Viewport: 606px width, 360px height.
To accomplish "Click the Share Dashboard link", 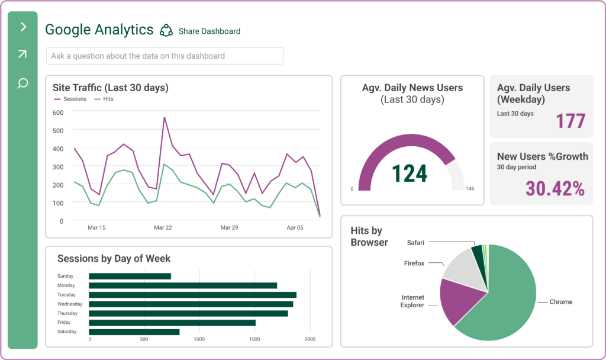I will (209, 31).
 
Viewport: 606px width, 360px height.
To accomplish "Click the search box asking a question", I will (165, 56).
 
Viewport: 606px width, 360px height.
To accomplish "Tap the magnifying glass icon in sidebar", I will (22, 83).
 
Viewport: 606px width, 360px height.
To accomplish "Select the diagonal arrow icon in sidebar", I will (22, 54).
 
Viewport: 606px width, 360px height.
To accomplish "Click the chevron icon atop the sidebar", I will (23, 27).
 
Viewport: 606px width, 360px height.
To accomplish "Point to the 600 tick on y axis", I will (58, 112).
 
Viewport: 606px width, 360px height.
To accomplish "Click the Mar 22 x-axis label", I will (163, 227).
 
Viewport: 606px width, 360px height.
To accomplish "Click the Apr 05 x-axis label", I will (295, 227).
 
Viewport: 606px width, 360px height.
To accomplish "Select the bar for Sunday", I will (130, 276).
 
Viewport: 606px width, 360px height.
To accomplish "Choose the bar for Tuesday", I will (192, 294).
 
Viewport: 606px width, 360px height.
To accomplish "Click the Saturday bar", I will (134, 332).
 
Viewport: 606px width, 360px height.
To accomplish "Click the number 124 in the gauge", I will (410, 173).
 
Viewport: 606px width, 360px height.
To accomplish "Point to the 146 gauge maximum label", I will (470, 189).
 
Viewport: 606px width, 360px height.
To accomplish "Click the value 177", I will (570, 121).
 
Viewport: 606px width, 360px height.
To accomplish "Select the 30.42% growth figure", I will (555, 189).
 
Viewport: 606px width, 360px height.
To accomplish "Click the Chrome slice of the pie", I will (509, 296).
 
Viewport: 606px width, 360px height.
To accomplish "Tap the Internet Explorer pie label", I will (412, 301).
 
